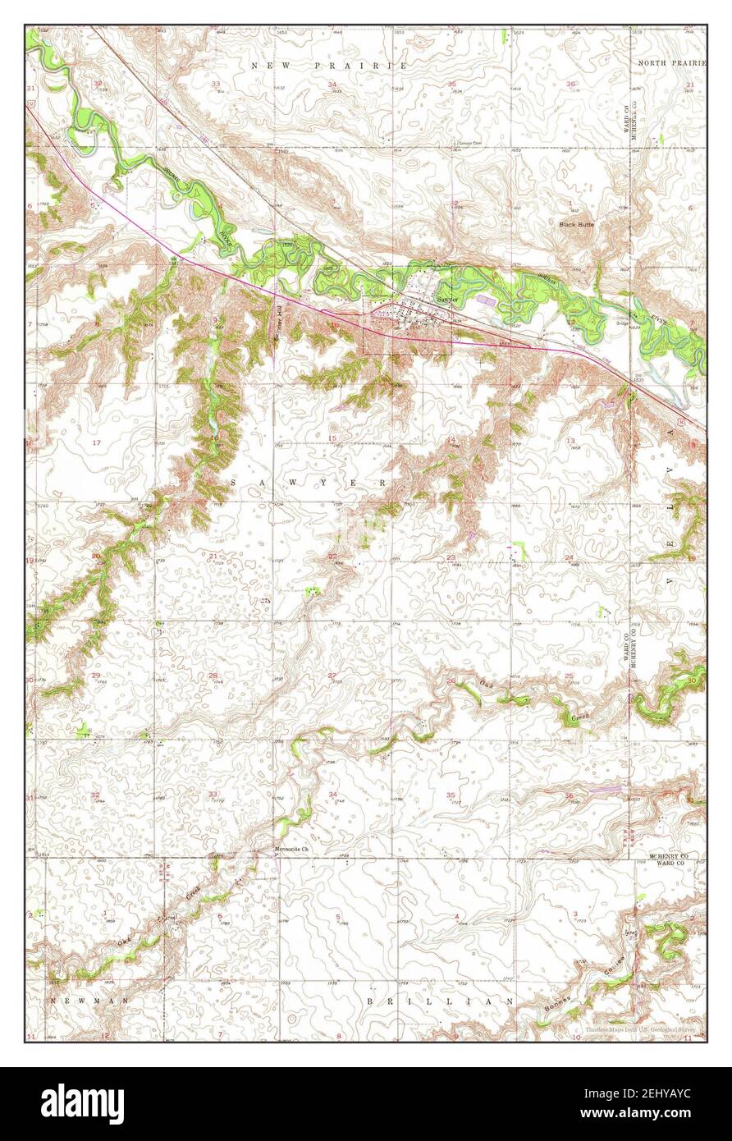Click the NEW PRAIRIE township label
coord(330,65)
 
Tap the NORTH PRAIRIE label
coord(667,62)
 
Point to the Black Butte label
coord(576,223)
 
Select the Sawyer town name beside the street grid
coord(447,300)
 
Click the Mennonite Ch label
coord(291,850)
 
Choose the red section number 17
coord(97,442)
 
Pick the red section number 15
coord(332,438)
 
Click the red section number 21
coord(213,557)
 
